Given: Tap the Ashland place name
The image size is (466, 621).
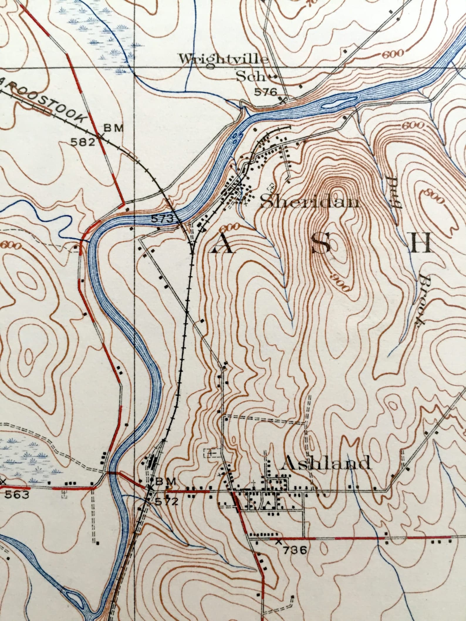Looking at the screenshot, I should [x=326, y=463].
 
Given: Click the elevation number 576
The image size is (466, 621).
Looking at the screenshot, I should [x=266, y=92].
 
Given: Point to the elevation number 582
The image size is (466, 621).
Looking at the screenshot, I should [x=83, y=142].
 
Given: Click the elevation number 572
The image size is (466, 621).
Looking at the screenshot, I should [x=167, y=502].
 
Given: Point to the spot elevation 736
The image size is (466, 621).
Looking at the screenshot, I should [x=295, y=550].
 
